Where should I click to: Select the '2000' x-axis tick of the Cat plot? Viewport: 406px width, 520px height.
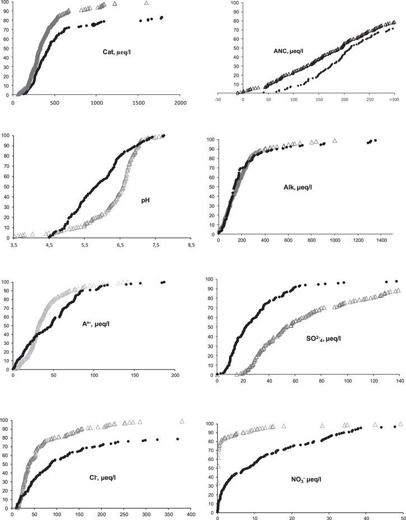[180, 102]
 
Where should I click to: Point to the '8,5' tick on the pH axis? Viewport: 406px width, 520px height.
[192, 245]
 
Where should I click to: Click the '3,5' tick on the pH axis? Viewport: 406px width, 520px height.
[13, 245]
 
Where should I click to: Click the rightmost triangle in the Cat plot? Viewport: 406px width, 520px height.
[146, 3]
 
